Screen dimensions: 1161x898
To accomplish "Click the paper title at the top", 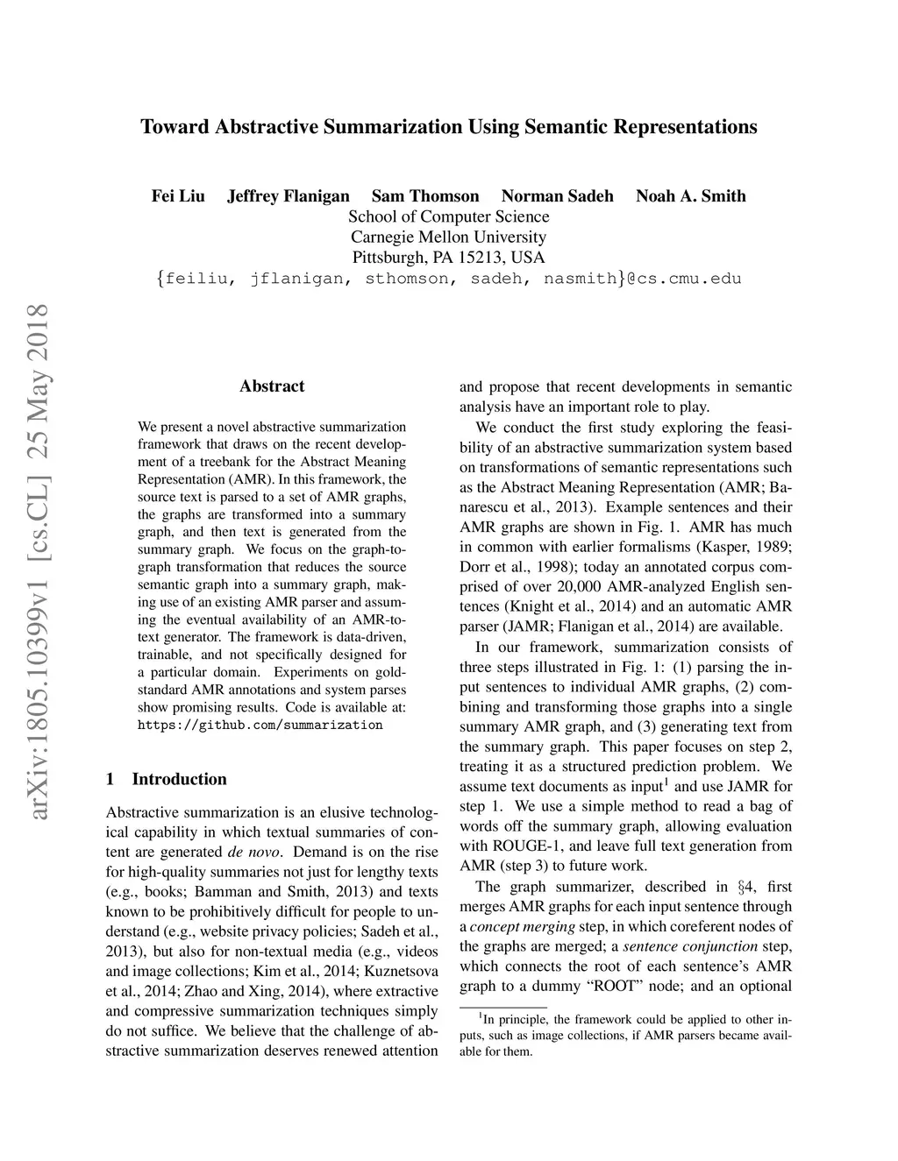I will tap(449, 127).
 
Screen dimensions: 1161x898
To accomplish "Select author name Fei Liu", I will tap(178, 196).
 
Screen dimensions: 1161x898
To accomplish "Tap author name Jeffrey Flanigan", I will tap(289, 196).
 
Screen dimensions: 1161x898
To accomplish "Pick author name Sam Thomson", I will tap(425, 196).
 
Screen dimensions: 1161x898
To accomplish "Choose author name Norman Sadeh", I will tap(558, 196).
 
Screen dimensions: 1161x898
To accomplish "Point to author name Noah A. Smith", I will tap(691, 196).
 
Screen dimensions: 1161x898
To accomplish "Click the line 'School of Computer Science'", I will tap(449, 217).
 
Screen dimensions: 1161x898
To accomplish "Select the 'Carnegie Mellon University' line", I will tap(449, 237).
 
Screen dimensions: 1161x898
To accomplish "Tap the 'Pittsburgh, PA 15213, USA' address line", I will tap(449, 258).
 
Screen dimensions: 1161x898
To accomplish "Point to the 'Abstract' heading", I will tap(272, 386).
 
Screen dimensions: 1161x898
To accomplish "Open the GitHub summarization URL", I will tap(260, 726).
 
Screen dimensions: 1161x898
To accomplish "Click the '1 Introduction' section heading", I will tap(166, 779).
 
